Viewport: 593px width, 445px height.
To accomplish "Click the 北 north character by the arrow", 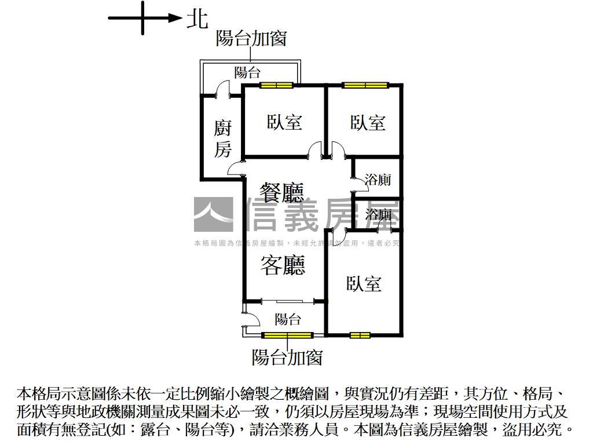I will tap(197, 19).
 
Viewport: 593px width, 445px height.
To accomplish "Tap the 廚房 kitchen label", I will tap(222, 140).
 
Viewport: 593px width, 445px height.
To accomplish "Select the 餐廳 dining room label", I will tap(282, 192).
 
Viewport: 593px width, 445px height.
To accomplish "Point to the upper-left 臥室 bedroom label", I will tap(284, 122).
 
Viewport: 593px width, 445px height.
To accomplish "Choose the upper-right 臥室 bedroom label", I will tap(368, 122).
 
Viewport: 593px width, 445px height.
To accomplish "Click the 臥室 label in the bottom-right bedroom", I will tap(364, 284).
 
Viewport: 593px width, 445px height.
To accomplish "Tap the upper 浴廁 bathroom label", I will tap(378, 179).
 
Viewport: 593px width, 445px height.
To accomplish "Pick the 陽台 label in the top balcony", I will tap(247, 72).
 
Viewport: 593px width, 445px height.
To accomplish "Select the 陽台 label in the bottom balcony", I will tap(288, 319).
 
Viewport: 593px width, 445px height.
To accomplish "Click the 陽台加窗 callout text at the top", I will tap(251, 38).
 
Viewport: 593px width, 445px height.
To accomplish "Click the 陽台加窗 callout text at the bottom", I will tap(287, 357).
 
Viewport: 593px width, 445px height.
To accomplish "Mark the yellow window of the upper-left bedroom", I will tap(276, 86).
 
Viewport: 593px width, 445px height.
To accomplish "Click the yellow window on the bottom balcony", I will tap(287, 335).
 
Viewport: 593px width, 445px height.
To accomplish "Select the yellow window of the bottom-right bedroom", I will tap(360, 335).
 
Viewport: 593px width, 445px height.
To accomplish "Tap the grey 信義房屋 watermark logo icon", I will tap(213, 214).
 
